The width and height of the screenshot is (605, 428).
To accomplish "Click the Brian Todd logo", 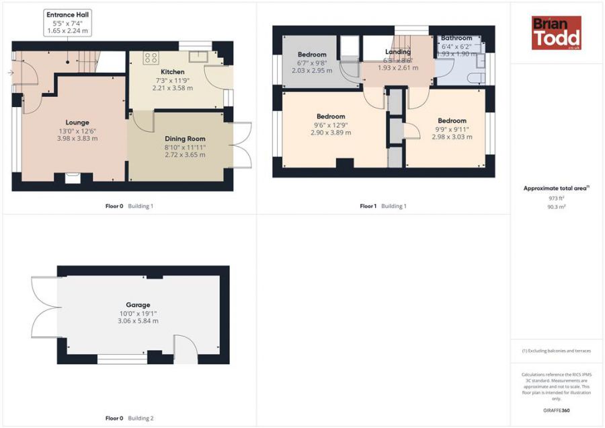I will pos(556,33).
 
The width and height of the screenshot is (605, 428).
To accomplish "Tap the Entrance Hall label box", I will pos(67,22).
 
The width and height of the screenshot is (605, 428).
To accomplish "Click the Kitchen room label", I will pos(172,72).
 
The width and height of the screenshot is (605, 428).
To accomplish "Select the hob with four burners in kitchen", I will pos(151,58).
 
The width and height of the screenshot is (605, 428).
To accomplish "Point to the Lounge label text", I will pos(77,122).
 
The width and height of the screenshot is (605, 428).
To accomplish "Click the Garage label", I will pos(138,305).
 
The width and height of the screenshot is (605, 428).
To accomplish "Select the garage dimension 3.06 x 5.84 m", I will pos(138,321).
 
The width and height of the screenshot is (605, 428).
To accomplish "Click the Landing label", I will pos(397,52).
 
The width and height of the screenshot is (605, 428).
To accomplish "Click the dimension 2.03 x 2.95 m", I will pos(312,71).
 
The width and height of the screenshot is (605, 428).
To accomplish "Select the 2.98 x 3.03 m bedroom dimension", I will pos(452,137).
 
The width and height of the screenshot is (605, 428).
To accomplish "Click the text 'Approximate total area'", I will pos(555,188).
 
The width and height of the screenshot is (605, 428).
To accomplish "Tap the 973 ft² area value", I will pos(556,199).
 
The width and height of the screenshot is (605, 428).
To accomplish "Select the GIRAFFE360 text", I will pos(556,411).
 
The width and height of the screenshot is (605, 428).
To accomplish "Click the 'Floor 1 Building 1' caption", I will pos(383,206).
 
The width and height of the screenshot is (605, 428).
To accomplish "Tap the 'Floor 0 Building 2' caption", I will pos(129,418).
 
